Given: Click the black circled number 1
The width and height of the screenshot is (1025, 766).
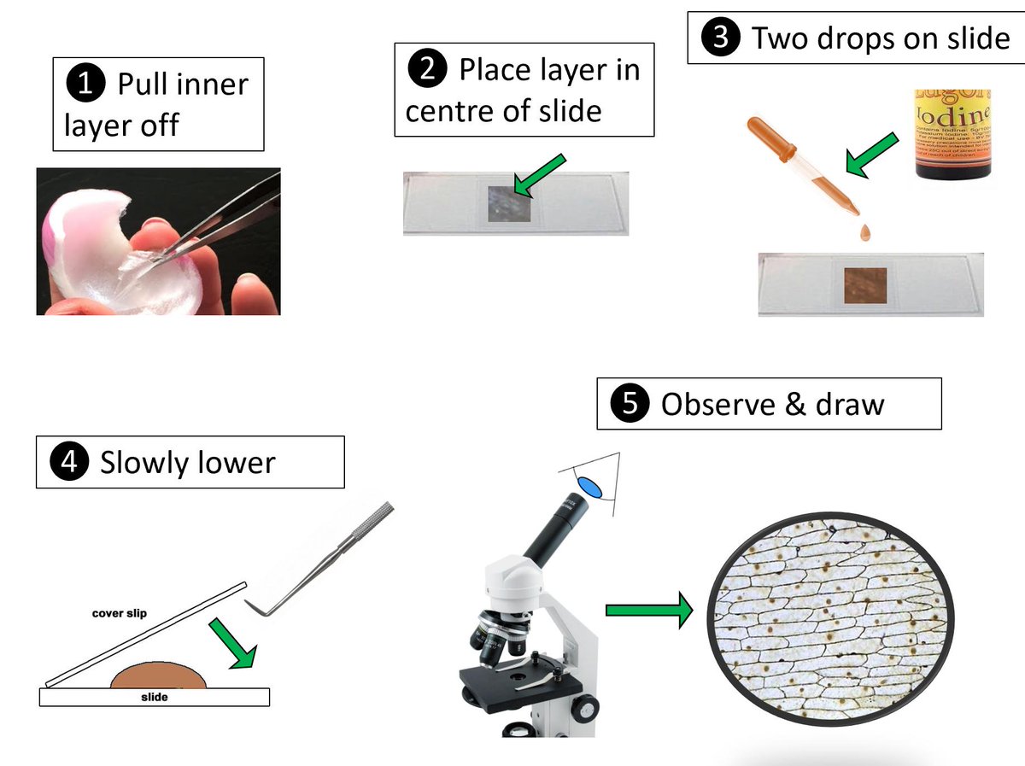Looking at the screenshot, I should (85, 85).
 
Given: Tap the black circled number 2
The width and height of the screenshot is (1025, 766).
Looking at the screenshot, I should (427, 70).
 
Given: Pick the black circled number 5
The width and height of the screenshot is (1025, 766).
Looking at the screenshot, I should (630, 403).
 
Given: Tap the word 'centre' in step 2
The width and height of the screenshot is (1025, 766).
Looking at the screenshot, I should (452, 110).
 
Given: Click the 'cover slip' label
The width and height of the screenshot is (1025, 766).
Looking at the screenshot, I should (120, 613).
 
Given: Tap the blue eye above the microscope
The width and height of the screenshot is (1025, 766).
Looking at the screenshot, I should (589, 487).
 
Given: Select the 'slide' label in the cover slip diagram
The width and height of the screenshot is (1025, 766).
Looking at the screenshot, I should (154, 697).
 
